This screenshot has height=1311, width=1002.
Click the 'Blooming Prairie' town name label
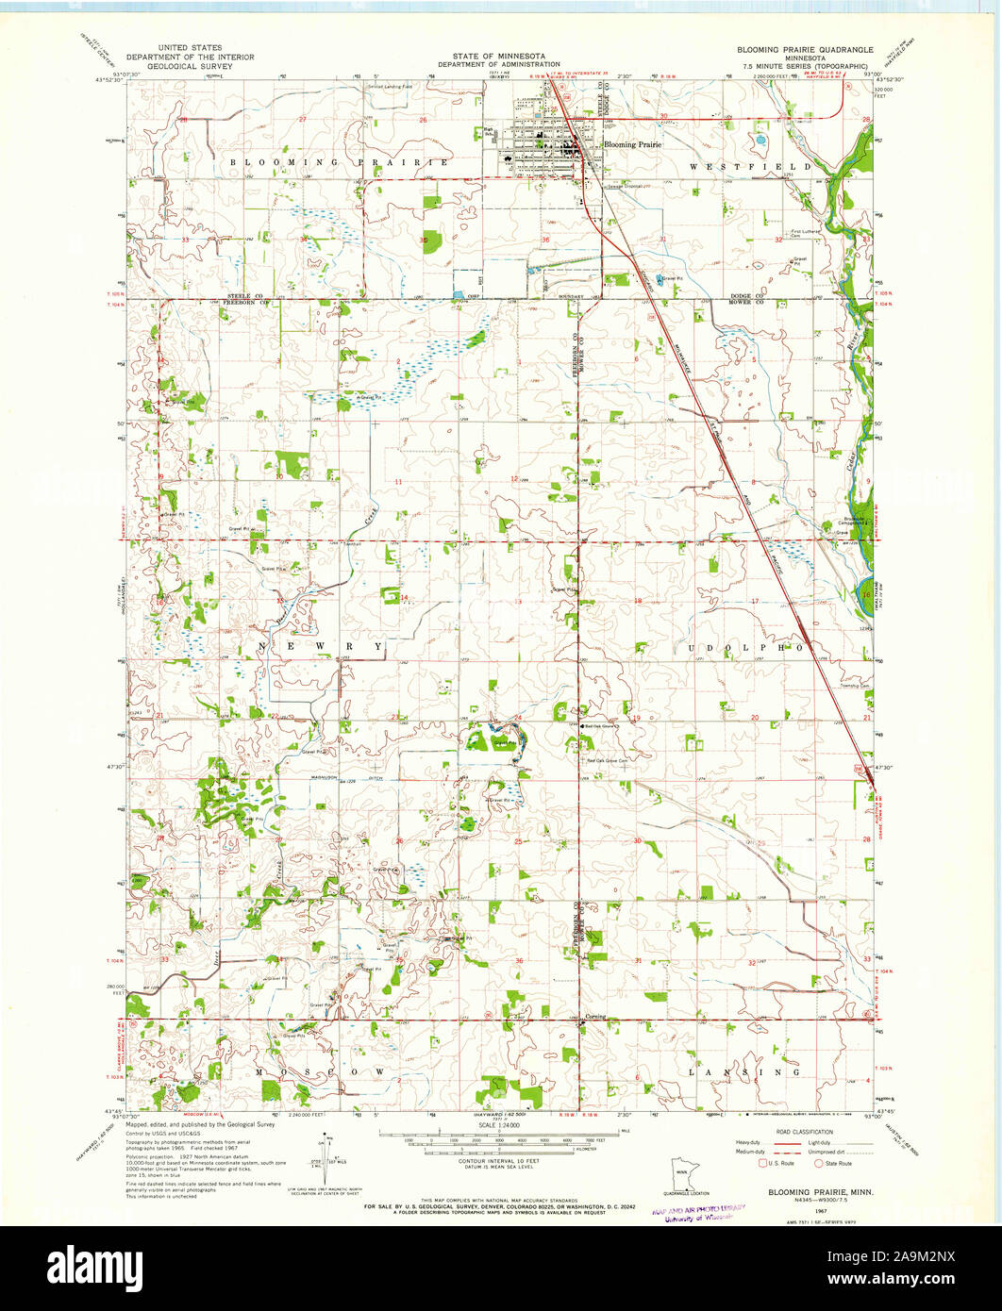coord(633,144)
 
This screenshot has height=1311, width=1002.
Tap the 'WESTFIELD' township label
coord(731,166)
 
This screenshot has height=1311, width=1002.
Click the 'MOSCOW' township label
coord(320,1072)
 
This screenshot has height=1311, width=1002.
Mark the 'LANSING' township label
coord(744,1072)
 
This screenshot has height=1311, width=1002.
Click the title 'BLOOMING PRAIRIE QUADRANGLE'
coord(807,48)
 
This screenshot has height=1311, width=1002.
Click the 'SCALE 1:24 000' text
coord(501,1124)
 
